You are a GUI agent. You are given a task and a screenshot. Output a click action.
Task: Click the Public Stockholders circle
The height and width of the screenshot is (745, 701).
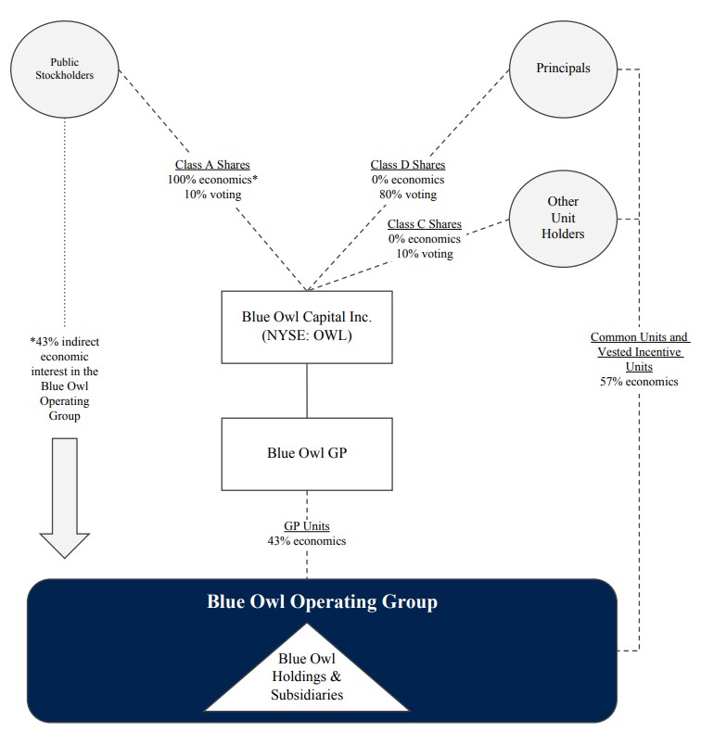[x=64, y=69]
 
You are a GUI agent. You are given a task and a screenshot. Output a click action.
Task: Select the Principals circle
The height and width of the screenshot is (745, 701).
[x=563, y=69]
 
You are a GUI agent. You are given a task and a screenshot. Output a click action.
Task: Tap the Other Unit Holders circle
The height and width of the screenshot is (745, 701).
[x=563, y=218]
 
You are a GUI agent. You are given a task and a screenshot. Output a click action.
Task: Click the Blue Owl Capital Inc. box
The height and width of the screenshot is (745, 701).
[x=307, y=326]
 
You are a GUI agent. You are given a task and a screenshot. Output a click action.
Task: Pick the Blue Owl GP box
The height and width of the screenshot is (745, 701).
[x=307, y=453]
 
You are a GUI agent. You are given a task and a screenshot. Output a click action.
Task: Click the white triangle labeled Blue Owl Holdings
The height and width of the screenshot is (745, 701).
[x=307, y=676]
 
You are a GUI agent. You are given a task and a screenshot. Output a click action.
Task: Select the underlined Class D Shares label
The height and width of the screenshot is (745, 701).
[x=407, y=166]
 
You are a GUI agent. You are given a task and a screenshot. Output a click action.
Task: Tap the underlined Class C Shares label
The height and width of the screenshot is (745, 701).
[x=424, y=224]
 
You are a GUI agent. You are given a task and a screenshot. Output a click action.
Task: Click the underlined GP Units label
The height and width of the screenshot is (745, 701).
[x=307, y=526]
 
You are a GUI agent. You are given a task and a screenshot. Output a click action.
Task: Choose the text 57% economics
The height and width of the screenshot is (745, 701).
[x=640, y=381]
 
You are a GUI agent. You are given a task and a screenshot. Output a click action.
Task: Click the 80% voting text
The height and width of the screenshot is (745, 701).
[x=407, y=195]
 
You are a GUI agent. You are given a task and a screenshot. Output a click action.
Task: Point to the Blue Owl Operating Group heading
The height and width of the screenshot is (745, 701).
[x=322, y=602]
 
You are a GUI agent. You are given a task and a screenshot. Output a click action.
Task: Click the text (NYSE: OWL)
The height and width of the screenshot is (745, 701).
[x=307, y=335]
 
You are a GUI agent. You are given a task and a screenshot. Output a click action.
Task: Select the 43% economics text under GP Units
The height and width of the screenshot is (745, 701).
[x=307, y=540]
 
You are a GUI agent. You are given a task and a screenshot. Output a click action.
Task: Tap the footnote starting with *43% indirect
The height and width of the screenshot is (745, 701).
[x=64, y=378]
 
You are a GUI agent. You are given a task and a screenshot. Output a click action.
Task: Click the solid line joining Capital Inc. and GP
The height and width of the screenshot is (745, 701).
[x=307, y=390]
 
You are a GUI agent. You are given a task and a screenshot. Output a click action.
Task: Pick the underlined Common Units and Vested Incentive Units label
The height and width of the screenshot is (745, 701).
[x=640, y=352]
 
